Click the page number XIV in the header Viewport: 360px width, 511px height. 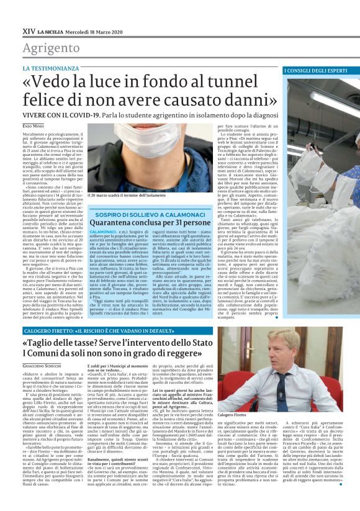28,30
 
